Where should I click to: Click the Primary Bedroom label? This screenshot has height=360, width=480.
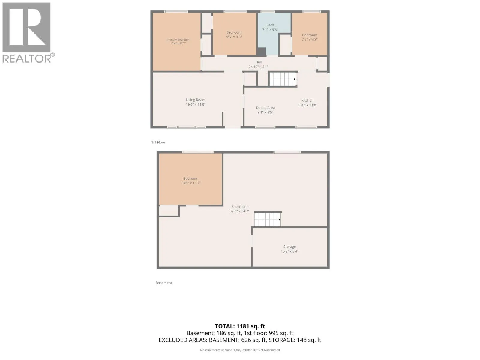coord(178,41)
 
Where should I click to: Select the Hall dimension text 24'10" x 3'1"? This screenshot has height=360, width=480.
coord(258,67)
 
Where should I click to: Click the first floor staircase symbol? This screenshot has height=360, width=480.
coord(283,79)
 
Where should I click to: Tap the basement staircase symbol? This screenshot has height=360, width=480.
coord(267,220)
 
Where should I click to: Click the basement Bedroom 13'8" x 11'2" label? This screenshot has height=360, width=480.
coord(191,181)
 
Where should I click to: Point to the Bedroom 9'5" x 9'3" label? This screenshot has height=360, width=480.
coord(234,34)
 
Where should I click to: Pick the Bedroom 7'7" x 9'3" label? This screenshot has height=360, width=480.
coord(309,37)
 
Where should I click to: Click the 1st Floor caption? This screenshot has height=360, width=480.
coord(158,142)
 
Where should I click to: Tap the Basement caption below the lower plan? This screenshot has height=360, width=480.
coord(164,283)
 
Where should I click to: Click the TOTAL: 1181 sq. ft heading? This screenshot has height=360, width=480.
coord(240,326)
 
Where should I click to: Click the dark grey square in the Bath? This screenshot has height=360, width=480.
coord(261,52)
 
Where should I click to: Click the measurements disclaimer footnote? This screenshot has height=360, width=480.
coord(240,350)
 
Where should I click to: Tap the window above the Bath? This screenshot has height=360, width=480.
coord(268,12)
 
